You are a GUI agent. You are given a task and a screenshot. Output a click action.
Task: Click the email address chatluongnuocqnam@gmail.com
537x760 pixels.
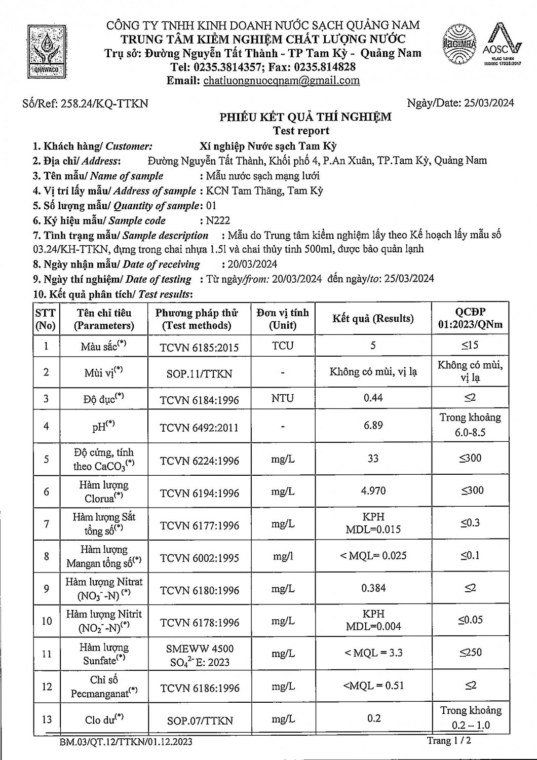281,80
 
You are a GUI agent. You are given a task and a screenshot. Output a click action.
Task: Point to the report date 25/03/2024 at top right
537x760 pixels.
489,103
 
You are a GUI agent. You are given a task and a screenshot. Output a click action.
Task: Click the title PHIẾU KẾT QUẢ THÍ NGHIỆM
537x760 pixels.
305,117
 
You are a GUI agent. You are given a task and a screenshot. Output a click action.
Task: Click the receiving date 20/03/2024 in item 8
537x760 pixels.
250,264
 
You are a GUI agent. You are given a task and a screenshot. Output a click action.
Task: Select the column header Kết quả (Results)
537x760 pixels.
373,319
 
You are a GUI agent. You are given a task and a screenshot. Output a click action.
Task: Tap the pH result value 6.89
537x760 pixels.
373,425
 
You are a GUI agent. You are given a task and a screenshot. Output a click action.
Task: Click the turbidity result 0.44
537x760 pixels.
373,398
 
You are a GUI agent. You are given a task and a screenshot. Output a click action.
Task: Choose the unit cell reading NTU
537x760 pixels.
282,398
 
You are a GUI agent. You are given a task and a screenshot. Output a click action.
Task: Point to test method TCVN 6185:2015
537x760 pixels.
199,347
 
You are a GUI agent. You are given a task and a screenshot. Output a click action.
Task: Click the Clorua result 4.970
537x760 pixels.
373,490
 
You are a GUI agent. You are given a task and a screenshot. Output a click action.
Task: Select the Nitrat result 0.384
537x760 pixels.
373,588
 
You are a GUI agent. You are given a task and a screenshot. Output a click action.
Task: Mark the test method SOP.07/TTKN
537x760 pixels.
200,720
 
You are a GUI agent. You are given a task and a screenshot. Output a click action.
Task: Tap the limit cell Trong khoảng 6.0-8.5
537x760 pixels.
470,425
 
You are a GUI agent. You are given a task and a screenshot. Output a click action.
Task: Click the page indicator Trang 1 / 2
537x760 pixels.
449,741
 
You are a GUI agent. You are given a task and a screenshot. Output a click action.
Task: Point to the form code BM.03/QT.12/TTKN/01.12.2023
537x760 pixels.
126,742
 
